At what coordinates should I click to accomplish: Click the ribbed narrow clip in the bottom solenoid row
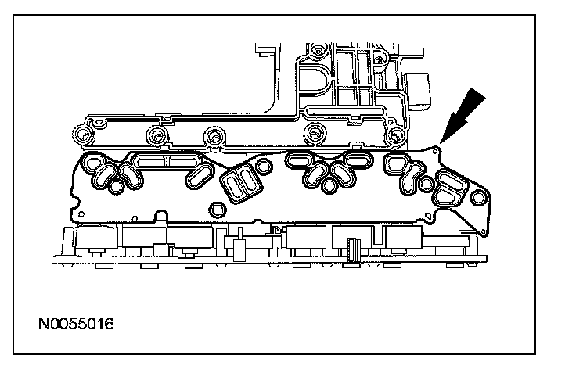[x=354, y=252]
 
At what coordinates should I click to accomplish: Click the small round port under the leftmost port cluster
[x=118, y=186]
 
